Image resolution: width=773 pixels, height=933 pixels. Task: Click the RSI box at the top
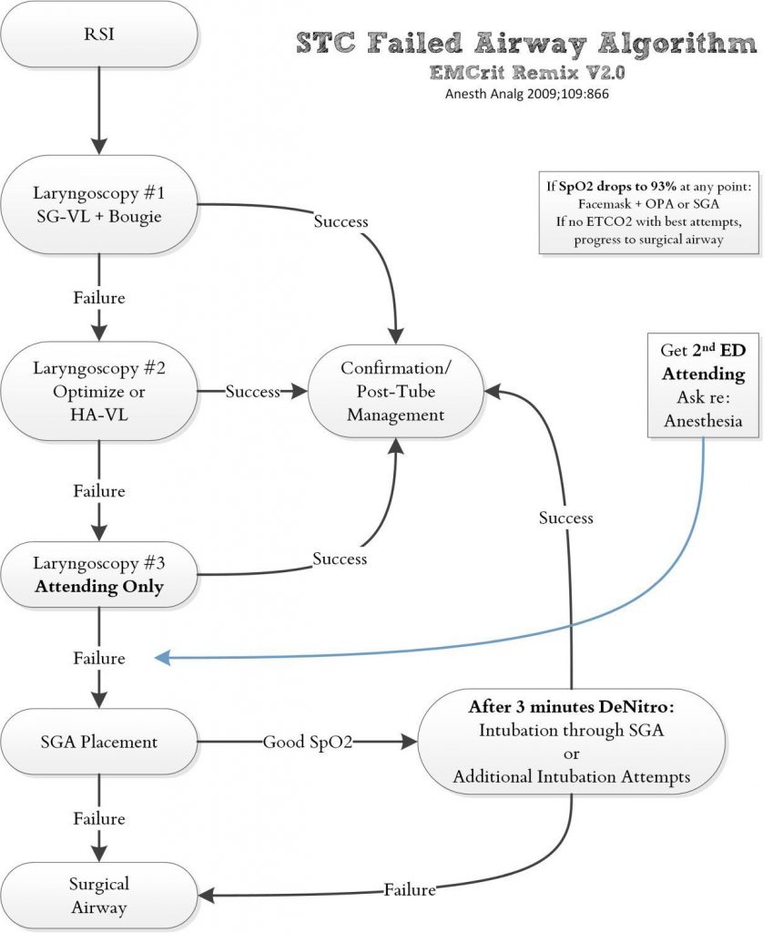pos(99,35)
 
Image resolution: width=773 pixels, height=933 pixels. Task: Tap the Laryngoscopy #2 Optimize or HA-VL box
pos(99,391)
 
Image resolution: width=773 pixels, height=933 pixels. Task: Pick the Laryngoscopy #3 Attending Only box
pos(99,574)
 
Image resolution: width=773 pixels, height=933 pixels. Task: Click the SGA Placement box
pos(99,742)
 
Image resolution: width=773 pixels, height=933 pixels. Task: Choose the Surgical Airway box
pos(99,895)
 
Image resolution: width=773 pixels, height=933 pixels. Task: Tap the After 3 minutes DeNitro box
pos(571,742)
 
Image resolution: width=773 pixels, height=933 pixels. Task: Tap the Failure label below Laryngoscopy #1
pos(98,297)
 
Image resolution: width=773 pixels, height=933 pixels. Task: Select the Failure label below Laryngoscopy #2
pos(98,490)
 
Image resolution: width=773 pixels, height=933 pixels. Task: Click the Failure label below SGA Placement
pos(98,818)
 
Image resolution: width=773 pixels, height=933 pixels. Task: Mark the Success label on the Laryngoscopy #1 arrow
pos(341,221)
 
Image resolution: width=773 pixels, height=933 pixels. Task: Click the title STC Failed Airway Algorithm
pos(526,44)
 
